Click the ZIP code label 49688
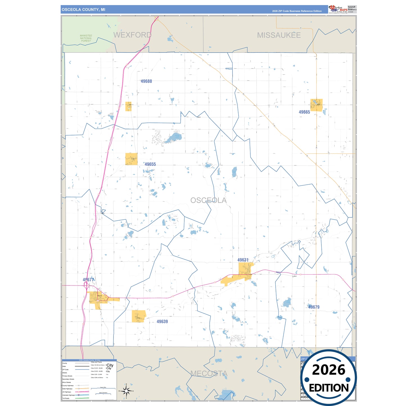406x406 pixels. pyautogui.click(x=146, y=81)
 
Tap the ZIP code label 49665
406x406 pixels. pyautogui.click(x=304, y=112)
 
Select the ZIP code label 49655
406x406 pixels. pyautogui.click(x=150, y=164)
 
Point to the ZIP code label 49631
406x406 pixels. pyautogui.click(x=243, y=260)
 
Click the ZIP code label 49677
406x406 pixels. pyautogui.click(x=88, y=280)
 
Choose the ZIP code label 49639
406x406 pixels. pyautogui.click(x=162, y=321)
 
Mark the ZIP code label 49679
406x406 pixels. pyautogui.click(x=314, y=307)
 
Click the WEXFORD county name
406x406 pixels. pyautogui.click(x=132, y=35)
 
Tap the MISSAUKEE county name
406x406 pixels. pyautogui.click(x=279, y=35)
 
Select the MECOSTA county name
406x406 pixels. pyautogui.click(x=209, y=373)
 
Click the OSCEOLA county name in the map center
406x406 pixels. pyautogui.click(x=208, y=200)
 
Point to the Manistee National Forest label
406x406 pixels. pyautogui.click(x=86, y=38)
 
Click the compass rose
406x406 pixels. pyautogui.click(x=126, y=391)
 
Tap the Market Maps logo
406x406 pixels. pyautogui.click(x=338, y=9)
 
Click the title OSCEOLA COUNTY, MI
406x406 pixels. pyautogui.click(x=83, y=10)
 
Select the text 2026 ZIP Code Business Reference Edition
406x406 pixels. pyautogui.click(x=297, y=11)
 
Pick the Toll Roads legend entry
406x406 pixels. pyautogui.click(x=66, y=398)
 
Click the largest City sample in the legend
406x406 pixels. pyautogui.click(x=110, y=365)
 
